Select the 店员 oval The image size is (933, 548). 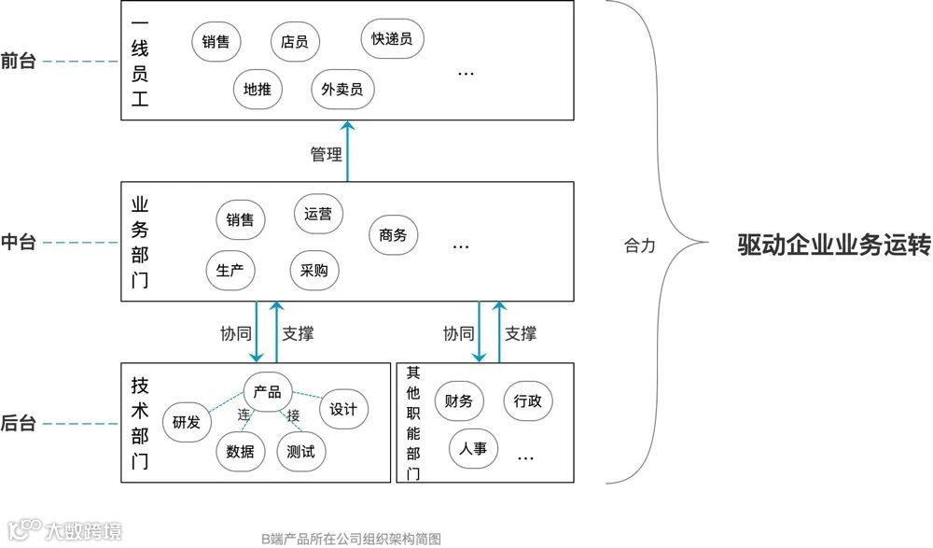295,42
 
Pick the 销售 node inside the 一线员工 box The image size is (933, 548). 216,42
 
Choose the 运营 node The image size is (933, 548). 317,213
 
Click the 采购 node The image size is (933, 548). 313,271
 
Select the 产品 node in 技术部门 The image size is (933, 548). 268,392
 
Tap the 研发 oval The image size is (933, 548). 187,422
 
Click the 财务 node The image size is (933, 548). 459,402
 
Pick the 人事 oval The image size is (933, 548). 473,449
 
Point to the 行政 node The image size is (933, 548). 528,401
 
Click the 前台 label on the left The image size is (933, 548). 19,63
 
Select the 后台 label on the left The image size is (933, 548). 19,424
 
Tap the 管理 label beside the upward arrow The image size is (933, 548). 326,154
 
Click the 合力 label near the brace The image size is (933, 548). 640,246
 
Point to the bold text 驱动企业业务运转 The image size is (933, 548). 834,246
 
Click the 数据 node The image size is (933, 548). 241,452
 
